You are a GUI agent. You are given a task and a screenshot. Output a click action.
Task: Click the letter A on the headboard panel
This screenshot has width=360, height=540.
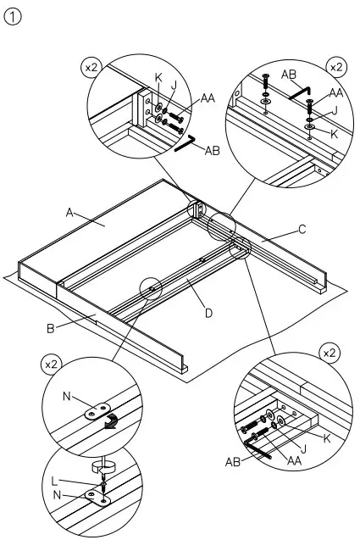[70, 213]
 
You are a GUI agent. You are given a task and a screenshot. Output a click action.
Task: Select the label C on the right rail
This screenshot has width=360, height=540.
[301, 229]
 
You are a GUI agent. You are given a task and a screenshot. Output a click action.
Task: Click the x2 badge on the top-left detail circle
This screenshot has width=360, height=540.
[90, 65]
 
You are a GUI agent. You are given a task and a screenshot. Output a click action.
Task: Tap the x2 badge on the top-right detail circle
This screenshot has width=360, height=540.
[335, 65]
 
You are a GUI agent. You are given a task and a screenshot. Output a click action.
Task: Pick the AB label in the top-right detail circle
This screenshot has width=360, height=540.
[288, 74]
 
